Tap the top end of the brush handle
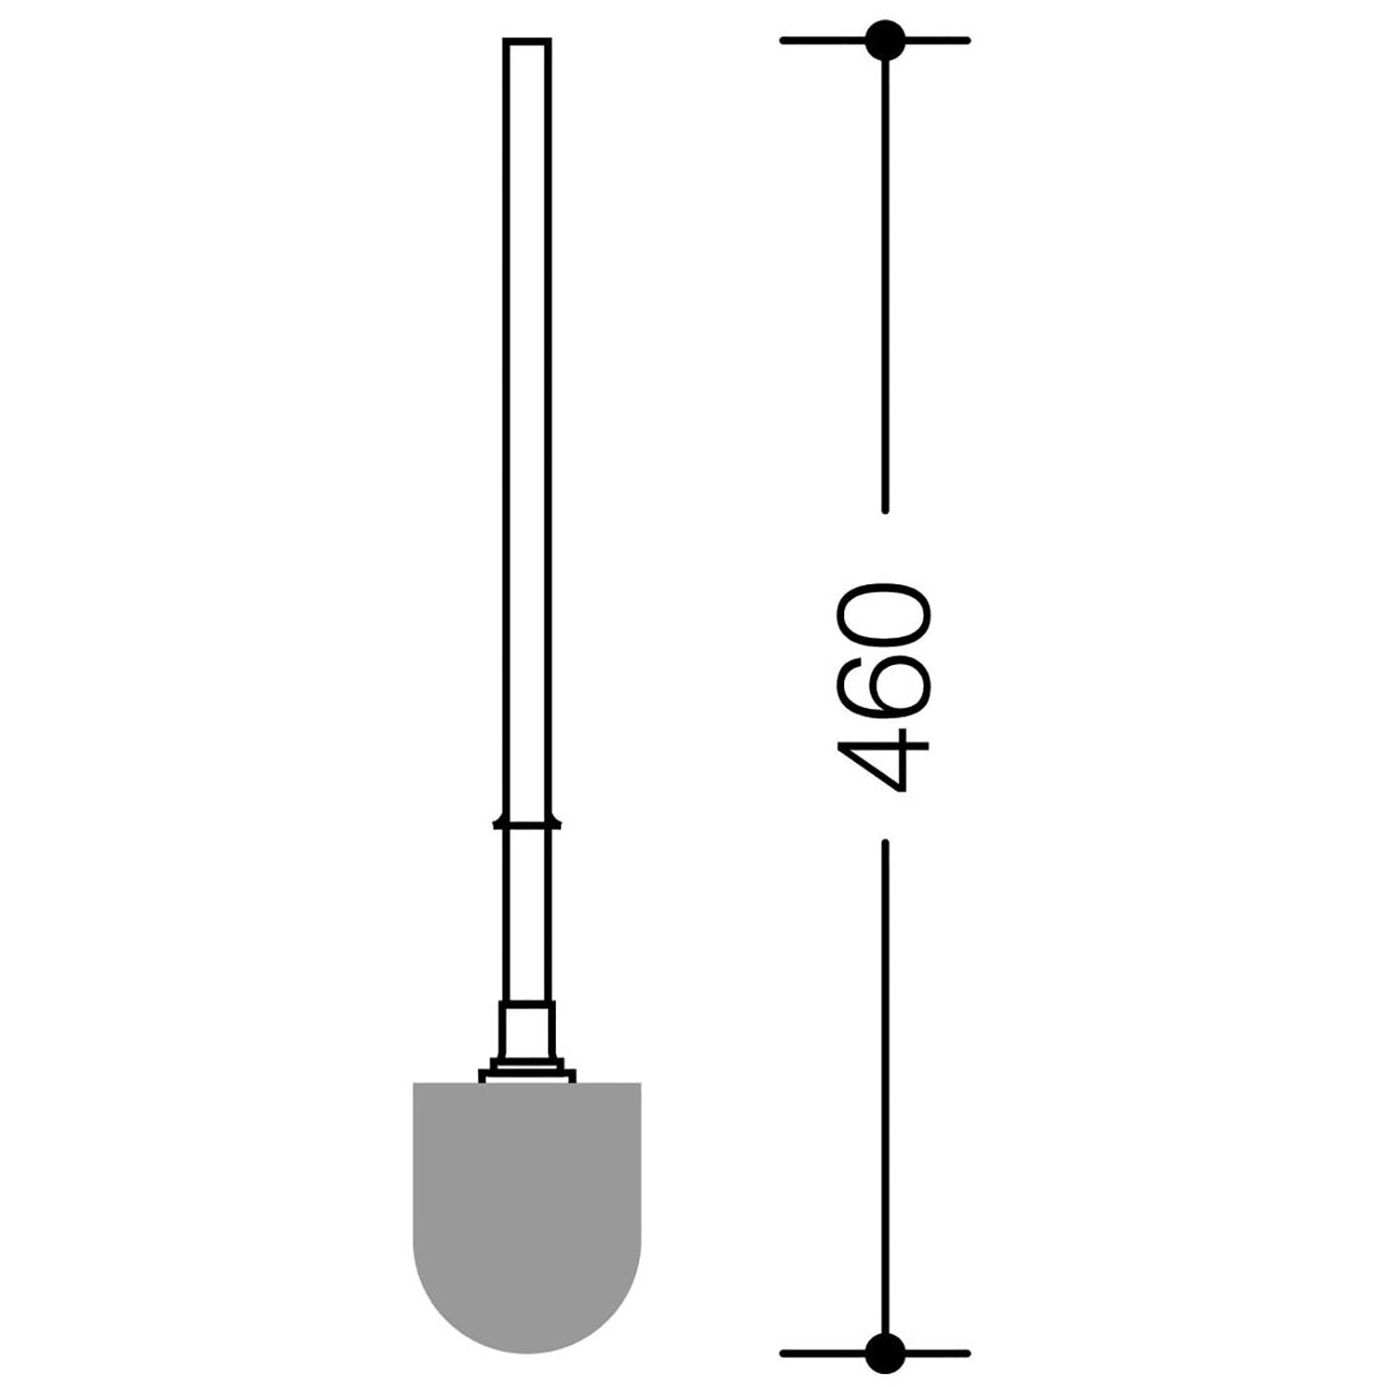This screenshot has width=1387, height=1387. click(x=527, y=40)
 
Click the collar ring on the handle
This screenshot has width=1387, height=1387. click(x=527, y=822)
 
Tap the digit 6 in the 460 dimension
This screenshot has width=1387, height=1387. click(x=882, y=679)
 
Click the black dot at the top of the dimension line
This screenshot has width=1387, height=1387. click(x=885, y=40)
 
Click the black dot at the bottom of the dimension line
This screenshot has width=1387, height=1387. click(x=885, y=1353)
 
